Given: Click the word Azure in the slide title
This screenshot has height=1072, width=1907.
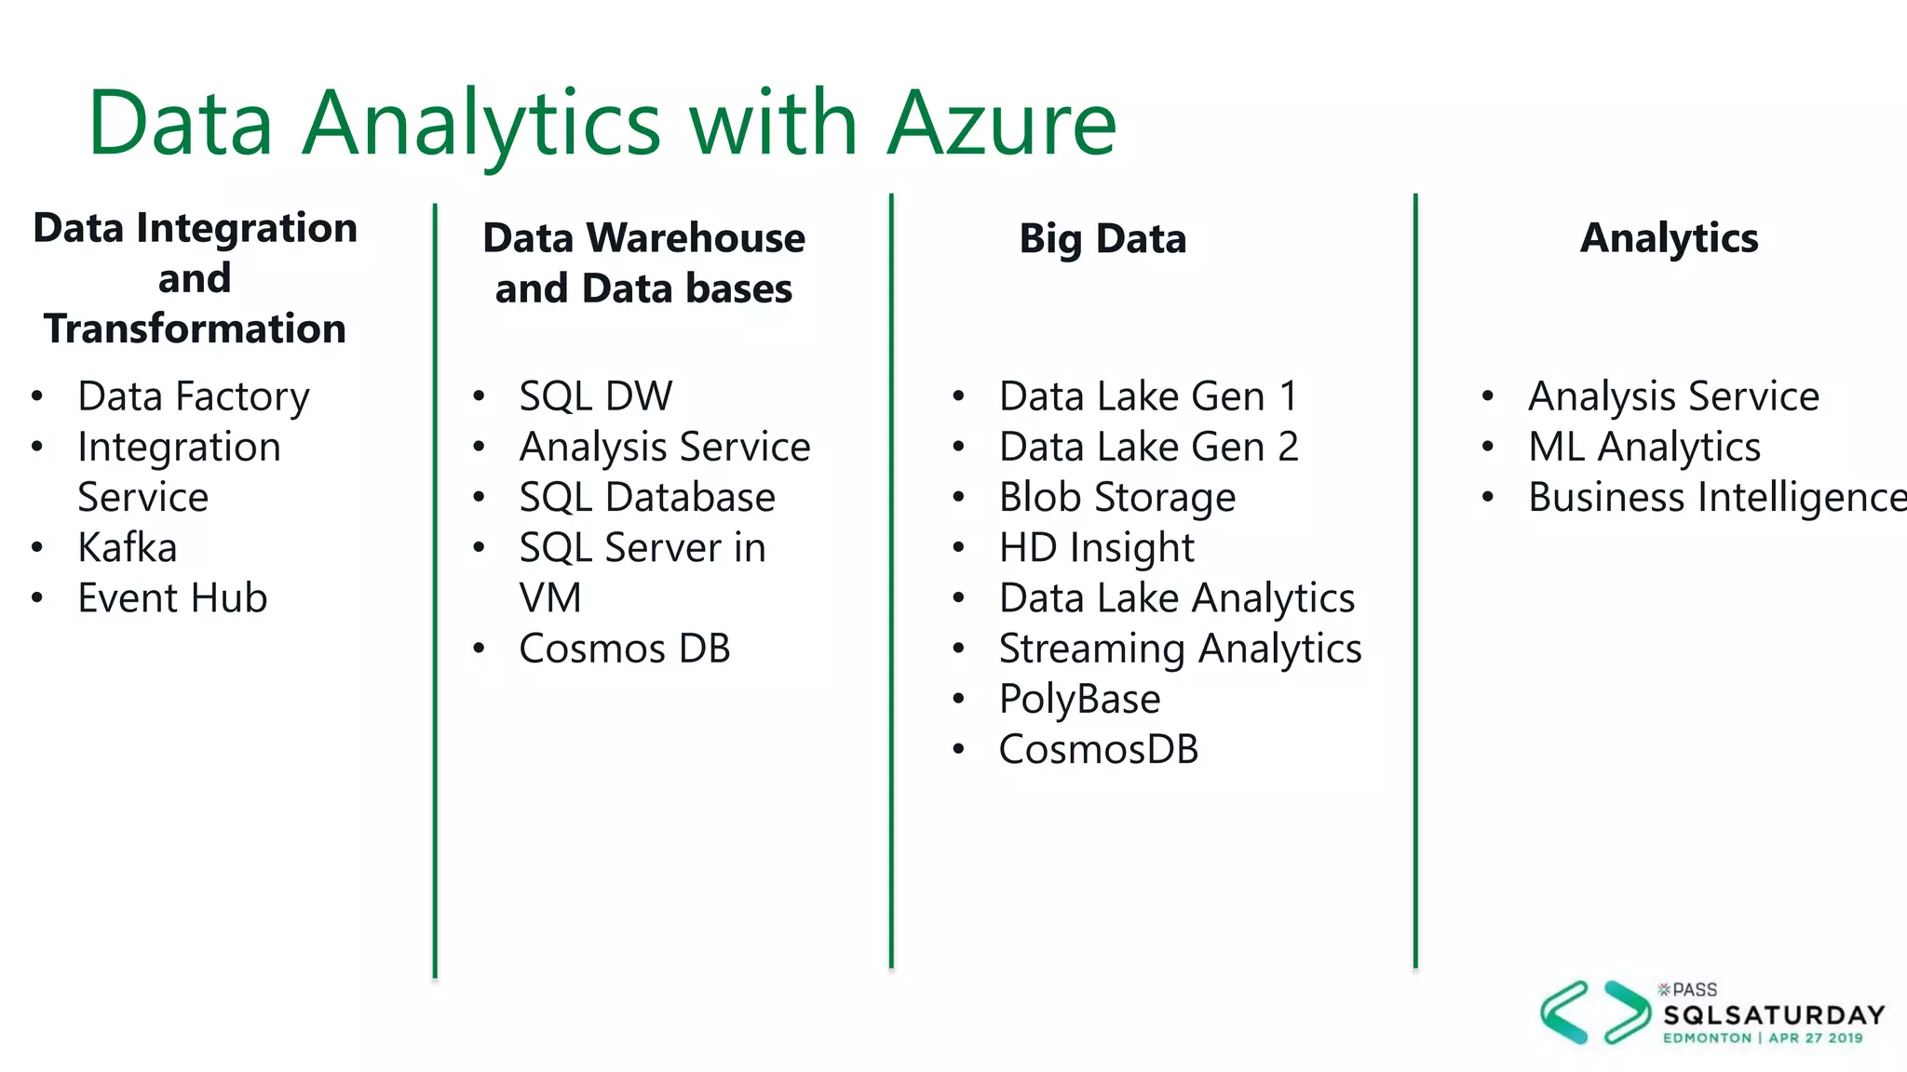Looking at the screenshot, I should pyautogui.click(x=1002, y=123).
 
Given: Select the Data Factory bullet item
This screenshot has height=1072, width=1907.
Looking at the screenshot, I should pyautogui.click(x=193, y=396).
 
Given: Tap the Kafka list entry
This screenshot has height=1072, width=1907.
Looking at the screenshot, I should pyautogui.click(x=127, y=547).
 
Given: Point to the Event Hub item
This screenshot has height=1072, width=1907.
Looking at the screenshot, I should pyautogui.click(x=172, y=597).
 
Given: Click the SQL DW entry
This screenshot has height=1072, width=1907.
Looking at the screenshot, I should pyautogui.click(x=595, y=396).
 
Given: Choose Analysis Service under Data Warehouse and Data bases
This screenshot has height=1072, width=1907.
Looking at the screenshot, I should pyautogui.click(x=664, y=447).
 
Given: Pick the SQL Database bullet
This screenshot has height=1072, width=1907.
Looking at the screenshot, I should pyautogui.click(x=646, y=497).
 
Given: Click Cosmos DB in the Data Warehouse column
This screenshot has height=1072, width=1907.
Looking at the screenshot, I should pyautogui.click(x=624, y=649).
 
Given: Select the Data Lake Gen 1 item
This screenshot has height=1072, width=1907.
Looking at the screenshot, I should pyautogui.click(x=1147, y=396).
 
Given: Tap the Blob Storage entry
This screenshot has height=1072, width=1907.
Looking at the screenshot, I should pyautogui.click(x=1116, y=497).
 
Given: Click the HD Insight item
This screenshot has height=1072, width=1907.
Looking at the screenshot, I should pyautogui.click(x=1096, y=547).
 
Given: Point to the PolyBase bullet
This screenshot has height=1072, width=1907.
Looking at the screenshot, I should pyautogui.click(x=1079, y=699).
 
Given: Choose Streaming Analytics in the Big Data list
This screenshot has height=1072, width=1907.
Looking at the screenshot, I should pyautogui.click(x=1180, y=649).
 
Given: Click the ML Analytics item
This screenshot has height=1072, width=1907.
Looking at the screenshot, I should pyautogui.click(x=1643, y=447).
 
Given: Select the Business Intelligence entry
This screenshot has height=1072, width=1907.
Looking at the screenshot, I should pyautogui.click(x=1716, y=497).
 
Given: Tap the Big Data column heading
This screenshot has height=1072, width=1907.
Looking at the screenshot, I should pyautogui.click(x=1102, y=238).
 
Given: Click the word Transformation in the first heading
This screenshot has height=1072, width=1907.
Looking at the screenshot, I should pyautogui.click(x=195, y=328).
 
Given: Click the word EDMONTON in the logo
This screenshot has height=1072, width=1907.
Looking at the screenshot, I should pyautogui.click(x=1707, y=1038).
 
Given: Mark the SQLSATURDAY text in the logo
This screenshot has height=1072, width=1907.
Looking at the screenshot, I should pyautogui.click(x=1774, y=1014).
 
